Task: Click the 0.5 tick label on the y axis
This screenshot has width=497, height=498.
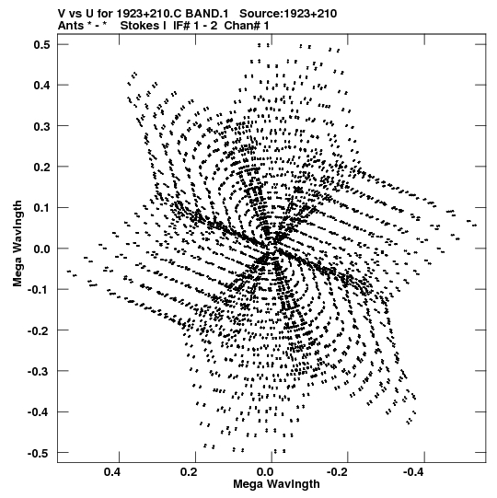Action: pos(42,45)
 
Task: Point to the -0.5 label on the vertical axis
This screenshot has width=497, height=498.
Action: pos(39,453)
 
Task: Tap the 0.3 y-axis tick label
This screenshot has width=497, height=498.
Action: pos(42,126)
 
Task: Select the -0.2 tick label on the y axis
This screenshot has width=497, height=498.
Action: pos(39,331)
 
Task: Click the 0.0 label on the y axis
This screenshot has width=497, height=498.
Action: pos(42,249)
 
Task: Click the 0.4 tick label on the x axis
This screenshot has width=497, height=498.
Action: pos(112,472)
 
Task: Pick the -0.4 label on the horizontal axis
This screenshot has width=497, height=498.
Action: pos(413,472)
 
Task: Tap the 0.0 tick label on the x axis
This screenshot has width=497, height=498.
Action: pos(265,472)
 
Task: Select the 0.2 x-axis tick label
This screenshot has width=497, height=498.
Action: pos(189,472)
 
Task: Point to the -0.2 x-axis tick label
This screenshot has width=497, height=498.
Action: pos(337,472)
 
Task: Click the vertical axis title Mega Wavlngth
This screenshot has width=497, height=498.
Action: pos(17,244)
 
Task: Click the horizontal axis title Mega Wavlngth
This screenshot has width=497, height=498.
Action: pos(276,484)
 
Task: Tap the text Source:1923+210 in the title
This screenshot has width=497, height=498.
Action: pos(288,14)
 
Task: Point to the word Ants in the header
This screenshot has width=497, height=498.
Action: pos(71,26)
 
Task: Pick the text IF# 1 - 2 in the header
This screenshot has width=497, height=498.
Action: pos(195,26)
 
